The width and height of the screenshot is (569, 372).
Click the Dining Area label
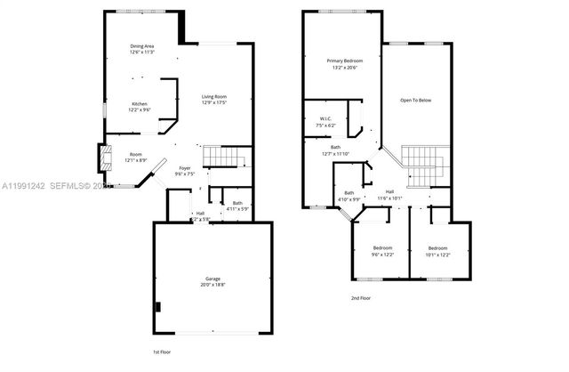[x=142, y=46]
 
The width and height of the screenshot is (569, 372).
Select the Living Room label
[x=214, y=96]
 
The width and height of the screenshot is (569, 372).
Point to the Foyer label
[x=185, y=168]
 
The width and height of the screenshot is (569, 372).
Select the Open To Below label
[x=415, y=100]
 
